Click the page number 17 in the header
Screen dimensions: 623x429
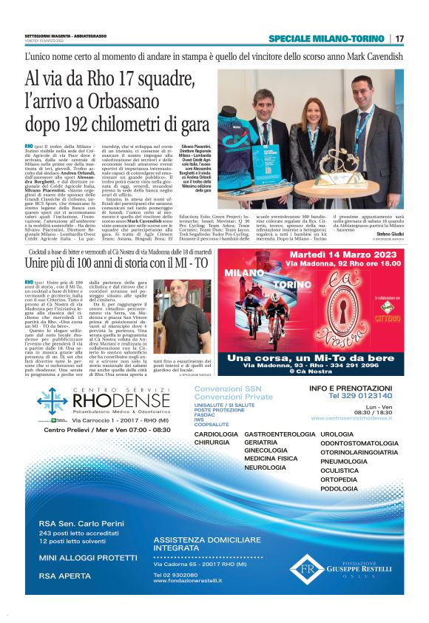[x=400, y=38]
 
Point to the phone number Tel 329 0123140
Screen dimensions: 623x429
[x=362, y=395]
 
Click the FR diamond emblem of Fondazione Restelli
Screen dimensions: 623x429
[x=302, y=569]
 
